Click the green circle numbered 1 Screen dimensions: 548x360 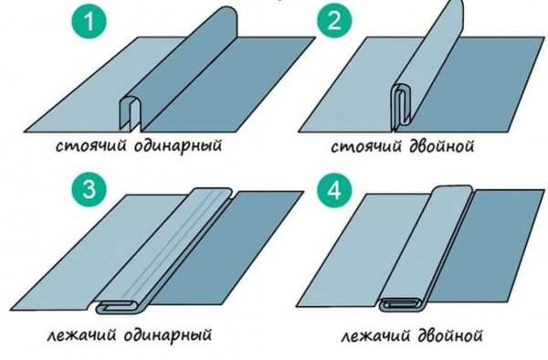[x=90, y=21]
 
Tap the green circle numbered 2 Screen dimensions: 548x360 [x=334, y=21]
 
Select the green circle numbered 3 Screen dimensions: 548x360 [x=90, y=189]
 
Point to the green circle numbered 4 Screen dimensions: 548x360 [x=334, y=190]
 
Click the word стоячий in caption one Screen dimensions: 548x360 [x=90, y=146]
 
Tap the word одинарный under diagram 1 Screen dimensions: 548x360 [x=178, y=145]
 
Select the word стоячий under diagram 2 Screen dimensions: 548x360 [x=366, y=146]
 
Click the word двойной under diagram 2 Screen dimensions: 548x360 [x=441, y=146]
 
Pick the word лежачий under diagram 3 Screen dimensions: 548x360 [x=82, y=335]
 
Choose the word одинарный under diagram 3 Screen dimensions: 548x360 [x=168, y=334]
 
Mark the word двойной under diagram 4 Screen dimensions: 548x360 [x=450, y=335]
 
